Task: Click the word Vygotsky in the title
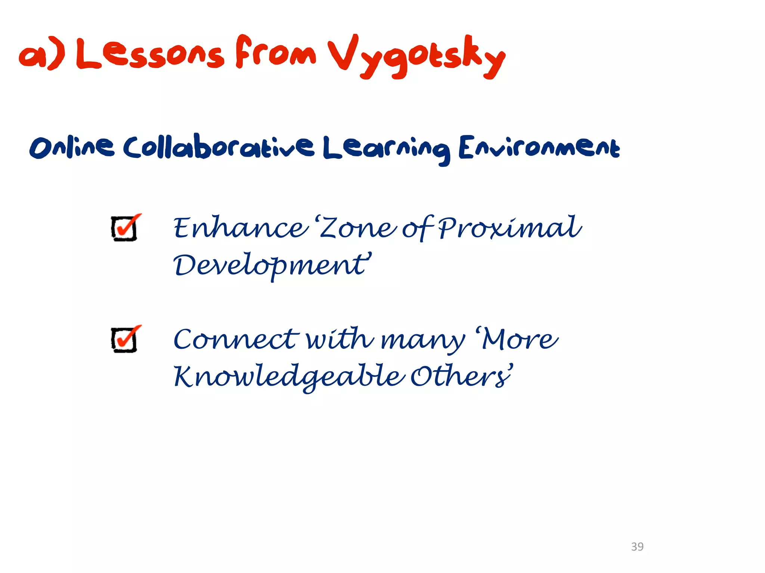coord(416,56)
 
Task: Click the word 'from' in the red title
coord(276,52)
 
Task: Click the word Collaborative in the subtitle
coord(219,147)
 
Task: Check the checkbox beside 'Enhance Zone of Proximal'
coord(125,228)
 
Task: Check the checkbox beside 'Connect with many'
coord(125,339)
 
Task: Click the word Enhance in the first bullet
coord(239,228)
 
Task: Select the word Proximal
coord(510,228)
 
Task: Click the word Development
coord(271,266)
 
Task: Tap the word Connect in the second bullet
coord(235,339)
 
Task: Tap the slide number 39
coord(637,547)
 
